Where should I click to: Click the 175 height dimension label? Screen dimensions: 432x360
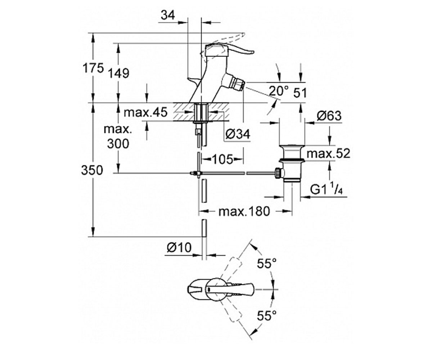pyautogui.click(x=93, y=68)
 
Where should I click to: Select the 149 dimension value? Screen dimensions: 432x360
pyautogui.click(x=119, y=73)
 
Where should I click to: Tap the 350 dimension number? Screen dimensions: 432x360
pyautogui.click(x=92, y=170)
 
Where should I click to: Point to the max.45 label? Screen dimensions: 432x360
pyautogui.click(x=145, y=113)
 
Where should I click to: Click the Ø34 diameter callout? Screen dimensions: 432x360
pyautogui.click(x=238, y=134)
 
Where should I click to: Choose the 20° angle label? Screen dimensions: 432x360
pyautogui.click(x=279, y=91)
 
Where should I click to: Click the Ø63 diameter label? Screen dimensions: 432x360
pyautogui.click(x=329, y=116)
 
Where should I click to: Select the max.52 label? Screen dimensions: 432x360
pyautogui.click(x=328, y=154)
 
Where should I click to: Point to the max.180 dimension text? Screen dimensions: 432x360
pyautogui.click(x=244, y=211)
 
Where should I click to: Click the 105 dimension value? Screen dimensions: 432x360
pyautogui.click(x=222, y=159)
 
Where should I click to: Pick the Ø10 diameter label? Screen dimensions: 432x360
pyautogui.click(x=179, y=247)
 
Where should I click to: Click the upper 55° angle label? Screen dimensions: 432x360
pyautogui.click(x=267, y=264)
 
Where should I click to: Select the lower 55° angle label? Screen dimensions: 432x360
pyautogui.click(x=267, y=316)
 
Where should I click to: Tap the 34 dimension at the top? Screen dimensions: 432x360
pyautogui.click(x=168, y=15)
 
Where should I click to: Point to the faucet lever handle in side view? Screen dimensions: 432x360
pyautogui.click(x=229, y=50)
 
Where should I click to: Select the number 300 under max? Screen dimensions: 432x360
pyautogui.click(x=118, y=143)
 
